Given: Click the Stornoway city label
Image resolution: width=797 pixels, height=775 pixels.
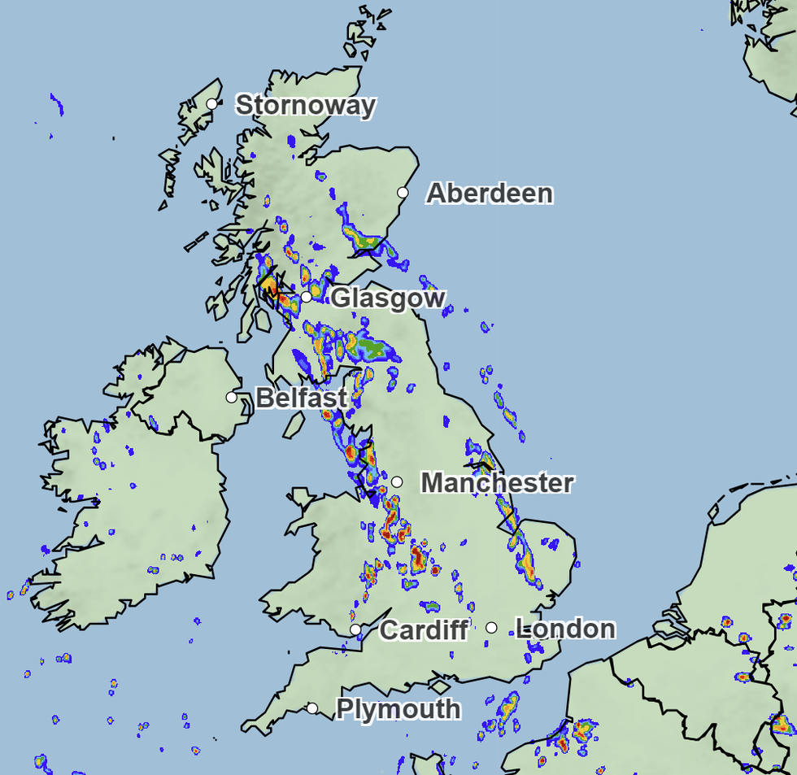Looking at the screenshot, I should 306,106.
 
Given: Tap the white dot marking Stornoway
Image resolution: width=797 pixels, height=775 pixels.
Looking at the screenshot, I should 211,103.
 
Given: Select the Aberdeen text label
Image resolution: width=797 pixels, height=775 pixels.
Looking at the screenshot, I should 490,194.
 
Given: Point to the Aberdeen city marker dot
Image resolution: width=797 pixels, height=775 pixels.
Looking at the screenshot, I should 403,193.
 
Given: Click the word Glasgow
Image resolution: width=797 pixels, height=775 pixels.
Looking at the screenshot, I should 388,298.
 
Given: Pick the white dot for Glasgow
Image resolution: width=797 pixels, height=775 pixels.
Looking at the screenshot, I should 306,297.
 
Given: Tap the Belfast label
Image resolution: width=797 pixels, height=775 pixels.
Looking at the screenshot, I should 302,398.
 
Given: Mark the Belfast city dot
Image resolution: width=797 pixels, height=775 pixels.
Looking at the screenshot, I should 232,397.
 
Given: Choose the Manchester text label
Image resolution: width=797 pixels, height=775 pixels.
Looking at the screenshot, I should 497,483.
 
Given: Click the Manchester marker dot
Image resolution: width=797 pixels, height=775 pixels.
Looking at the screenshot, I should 397,481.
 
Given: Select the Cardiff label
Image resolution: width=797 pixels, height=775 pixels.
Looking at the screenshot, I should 424,629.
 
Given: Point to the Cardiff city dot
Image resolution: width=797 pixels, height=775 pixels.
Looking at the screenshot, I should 355,629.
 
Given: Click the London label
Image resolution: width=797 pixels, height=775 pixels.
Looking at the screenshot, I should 565,629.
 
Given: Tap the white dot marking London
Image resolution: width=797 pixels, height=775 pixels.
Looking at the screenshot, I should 491,627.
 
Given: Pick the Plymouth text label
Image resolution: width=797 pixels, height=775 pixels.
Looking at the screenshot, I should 398,709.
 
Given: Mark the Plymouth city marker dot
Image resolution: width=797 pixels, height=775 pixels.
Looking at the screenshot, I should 312,708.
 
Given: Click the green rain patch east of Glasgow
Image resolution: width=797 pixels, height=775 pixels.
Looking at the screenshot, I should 374,348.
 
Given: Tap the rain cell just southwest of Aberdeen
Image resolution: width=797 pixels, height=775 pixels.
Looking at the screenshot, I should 362,239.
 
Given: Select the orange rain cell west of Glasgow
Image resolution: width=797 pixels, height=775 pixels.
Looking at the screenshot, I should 268,286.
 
